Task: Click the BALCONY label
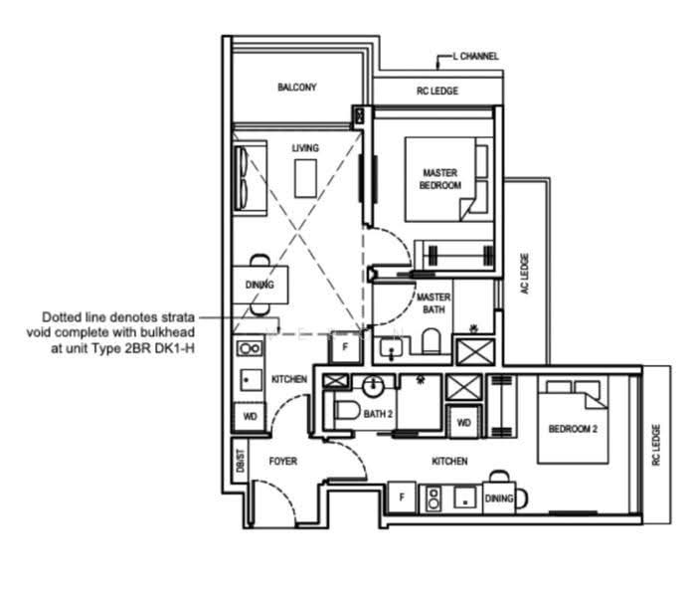tap(297, 87)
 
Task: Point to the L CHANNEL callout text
tap(475, 56)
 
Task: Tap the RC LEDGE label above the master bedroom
tap(437, 91)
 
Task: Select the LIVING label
tap(305, 148)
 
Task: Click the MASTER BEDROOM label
tap(440, 179)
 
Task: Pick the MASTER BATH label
tap(433, 302)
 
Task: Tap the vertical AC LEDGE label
tap(524, 274)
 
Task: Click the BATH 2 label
tap(378, 414)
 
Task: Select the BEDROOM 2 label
tap(573, 428)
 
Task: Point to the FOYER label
tap(283, 461)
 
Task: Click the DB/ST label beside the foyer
tap(240, 461)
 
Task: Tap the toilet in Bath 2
tap(346, 411)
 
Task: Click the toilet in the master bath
tap(432, 340)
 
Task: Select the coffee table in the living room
tap(305, 178)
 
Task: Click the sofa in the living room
tap(250, 178)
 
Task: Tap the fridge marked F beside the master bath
tap(345, 347)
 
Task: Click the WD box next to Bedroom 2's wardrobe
tap(463, 422)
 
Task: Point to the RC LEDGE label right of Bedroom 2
tap(656, 445)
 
